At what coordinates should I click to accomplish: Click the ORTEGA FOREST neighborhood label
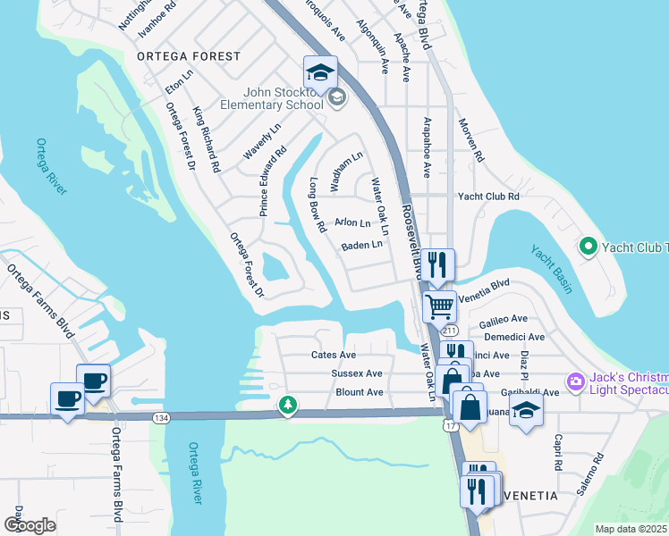(x=189, y=56)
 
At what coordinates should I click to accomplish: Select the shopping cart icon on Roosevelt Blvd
(x=439, y=307)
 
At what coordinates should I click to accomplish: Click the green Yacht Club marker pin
(x=588, y=246)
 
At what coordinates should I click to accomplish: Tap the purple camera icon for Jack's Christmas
(x=574, y=382)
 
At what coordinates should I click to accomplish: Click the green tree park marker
(x=287, y=406)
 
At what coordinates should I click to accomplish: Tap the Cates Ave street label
(x=334, y=355)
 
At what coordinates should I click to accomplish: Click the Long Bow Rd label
(x=316, y=205)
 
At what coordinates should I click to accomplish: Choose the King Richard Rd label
(x=207, y=139)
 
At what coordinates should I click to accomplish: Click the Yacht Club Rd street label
(x=488, y=197)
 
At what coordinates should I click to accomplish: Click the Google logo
(x=30, y=525)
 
